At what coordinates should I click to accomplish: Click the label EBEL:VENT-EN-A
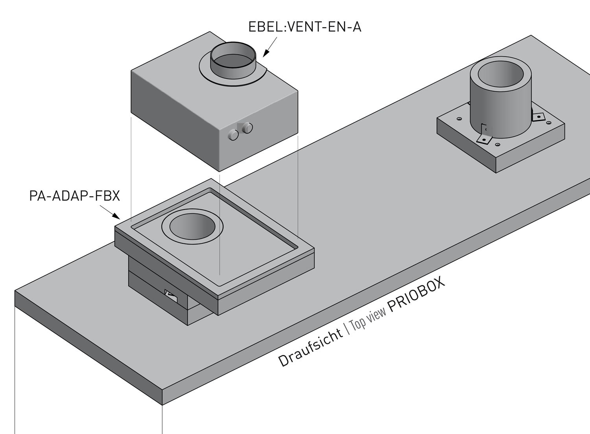pyautogui.click(x=304, y=27)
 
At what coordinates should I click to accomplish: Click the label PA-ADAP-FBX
pyautogui.click(x=74, y=195)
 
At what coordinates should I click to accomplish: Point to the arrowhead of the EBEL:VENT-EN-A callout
pyautogui.click(x=264, y=55)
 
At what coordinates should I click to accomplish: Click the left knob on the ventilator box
pyautogui.click(x=233, y=135)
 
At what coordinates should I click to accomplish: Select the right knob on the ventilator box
pyautogui.click(x=247, y=127)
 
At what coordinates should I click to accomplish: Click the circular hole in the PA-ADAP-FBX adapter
pyautogui.click(x=192, y=228)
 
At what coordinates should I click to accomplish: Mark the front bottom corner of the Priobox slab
pyautogui.click(x=162, y=404)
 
